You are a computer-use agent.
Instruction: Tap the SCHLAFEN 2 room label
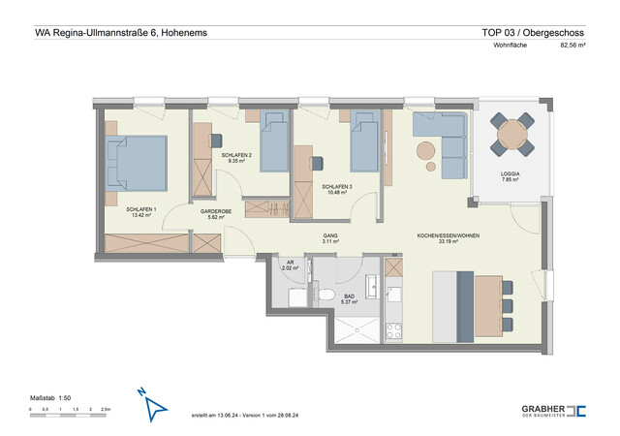(236, 156)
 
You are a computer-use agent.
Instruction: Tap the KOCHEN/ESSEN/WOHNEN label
(449, 235)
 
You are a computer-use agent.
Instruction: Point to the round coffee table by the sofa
(425, 150)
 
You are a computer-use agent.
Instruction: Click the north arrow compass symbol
(151, 408)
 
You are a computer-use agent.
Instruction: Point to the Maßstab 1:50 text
(50, 397)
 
